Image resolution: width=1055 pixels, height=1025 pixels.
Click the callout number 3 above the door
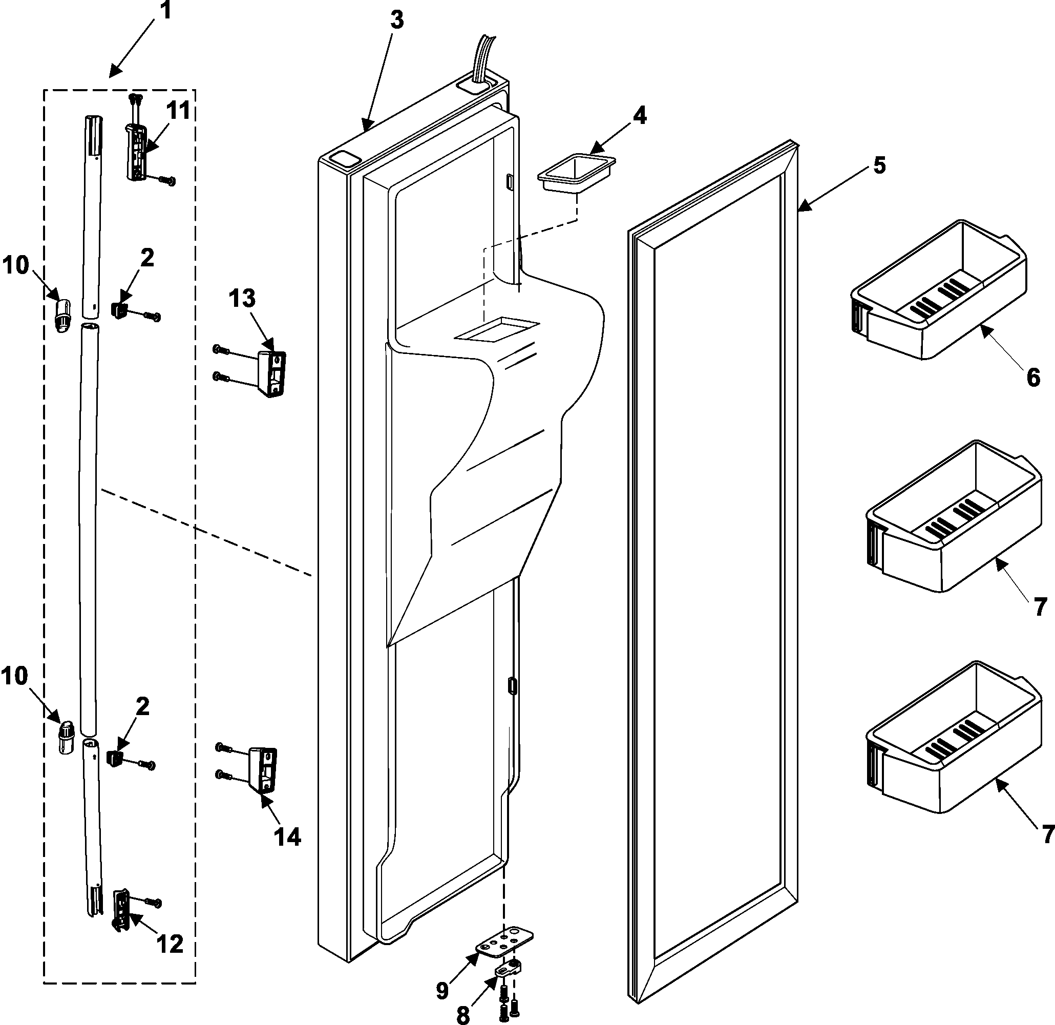396,20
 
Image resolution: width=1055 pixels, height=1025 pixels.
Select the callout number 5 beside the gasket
878,165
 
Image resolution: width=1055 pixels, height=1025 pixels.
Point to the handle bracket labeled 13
272,373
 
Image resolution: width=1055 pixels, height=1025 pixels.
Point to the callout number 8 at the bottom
462,1015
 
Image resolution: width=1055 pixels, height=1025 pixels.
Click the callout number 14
287,837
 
